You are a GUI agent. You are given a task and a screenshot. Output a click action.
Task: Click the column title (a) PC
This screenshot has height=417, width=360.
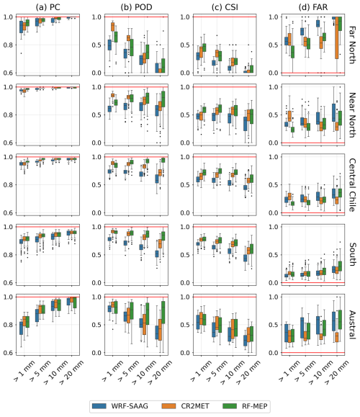click(x=48, y=7)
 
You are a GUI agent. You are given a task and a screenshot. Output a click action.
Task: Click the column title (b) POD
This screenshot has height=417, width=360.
click(x=136, y=7)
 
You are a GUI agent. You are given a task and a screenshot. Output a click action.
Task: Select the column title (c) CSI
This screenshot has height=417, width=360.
click(x=225, y=7)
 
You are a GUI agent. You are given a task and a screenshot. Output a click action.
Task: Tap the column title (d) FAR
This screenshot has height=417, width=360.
click(x=313, y=7)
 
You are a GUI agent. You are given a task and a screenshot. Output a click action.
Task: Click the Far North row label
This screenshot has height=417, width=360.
click(x=352, y=45)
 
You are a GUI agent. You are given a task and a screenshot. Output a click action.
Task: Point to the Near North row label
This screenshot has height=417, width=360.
click(x=352, y=115)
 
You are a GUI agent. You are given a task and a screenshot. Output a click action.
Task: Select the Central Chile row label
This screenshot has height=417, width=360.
click(x=352, y=185)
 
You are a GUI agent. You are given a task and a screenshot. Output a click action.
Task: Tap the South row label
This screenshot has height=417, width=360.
click(x=352, y=254)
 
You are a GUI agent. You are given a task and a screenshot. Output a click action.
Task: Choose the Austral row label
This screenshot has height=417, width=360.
click(x=352, y=325)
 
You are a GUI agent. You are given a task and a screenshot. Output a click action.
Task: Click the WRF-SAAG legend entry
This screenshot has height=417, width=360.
click(x=120, y=406)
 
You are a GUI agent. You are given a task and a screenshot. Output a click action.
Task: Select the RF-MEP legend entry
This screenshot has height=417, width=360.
click(x=245, y=406)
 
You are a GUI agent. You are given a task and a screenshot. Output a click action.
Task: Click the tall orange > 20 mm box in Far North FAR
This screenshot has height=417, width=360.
click(x=337, y=37)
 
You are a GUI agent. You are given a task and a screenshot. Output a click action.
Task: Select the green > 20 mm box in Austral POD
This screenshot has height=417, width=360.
click(x=163, y=313)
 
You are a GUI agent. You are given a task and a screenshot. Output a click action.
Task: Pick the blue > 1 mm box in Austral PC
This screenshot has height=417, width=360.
click(x=22, y=328)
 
